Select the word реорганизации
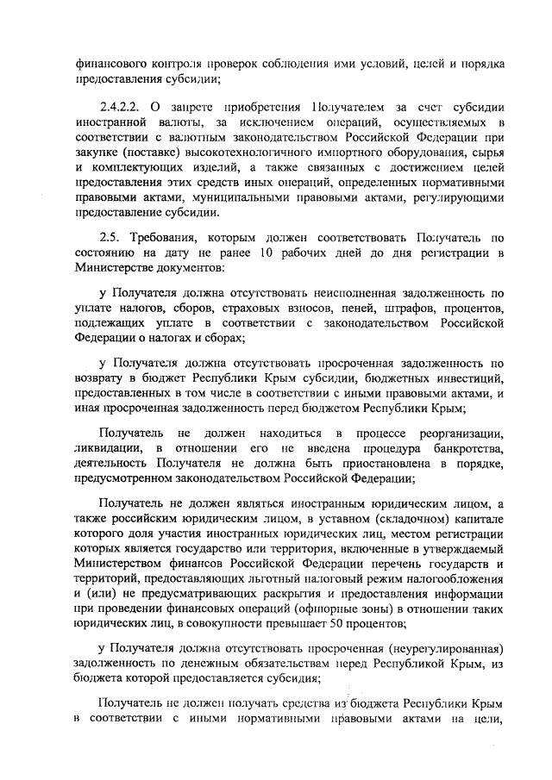pos(457,432)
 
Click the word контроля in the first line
pos(178,64)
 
